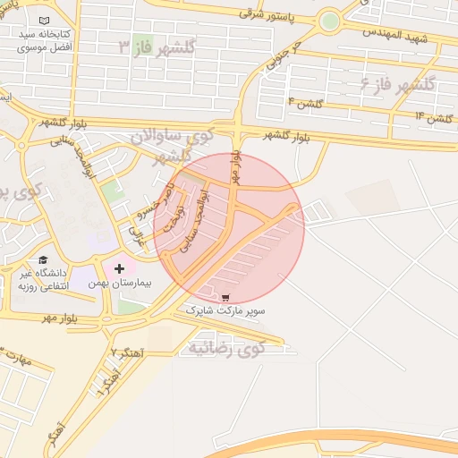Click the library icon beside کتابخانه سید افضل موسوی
tap(45, 20)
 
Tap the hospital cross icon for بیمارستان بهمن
tap(119, 268)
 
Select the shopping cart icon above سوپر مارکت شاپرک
tap(225, 298)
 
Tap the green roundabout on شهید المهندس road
tap(330, 20)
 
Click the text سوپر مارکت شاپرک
tap(225, 311)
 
